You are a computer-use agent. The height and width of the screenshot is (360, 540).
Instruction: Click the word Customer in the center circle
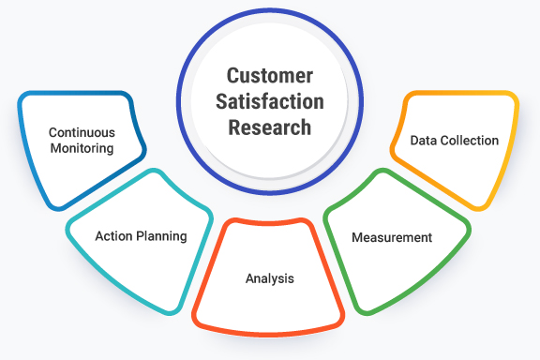270,74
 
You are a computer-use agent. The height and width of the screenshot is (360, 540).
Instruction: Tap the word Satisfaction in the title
270,100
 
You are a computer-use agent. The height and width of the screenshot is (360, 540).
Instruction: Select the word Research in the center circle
270,127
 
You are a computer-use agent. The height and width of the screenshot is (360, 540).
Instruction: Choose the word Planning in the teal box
161,236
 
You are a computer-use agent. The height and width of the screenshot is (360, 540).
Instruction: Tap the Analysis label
270,278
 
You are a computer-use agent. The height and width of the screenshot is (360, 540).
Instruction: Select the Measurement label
392,237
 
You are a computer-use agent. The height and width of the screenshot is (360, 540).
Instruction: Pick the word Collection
470,141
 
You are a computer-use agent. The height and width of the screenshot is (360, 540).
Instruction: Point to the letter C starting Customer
231,74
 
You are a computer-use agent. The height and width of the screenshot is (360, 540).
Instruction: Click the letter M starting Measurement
357,237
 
